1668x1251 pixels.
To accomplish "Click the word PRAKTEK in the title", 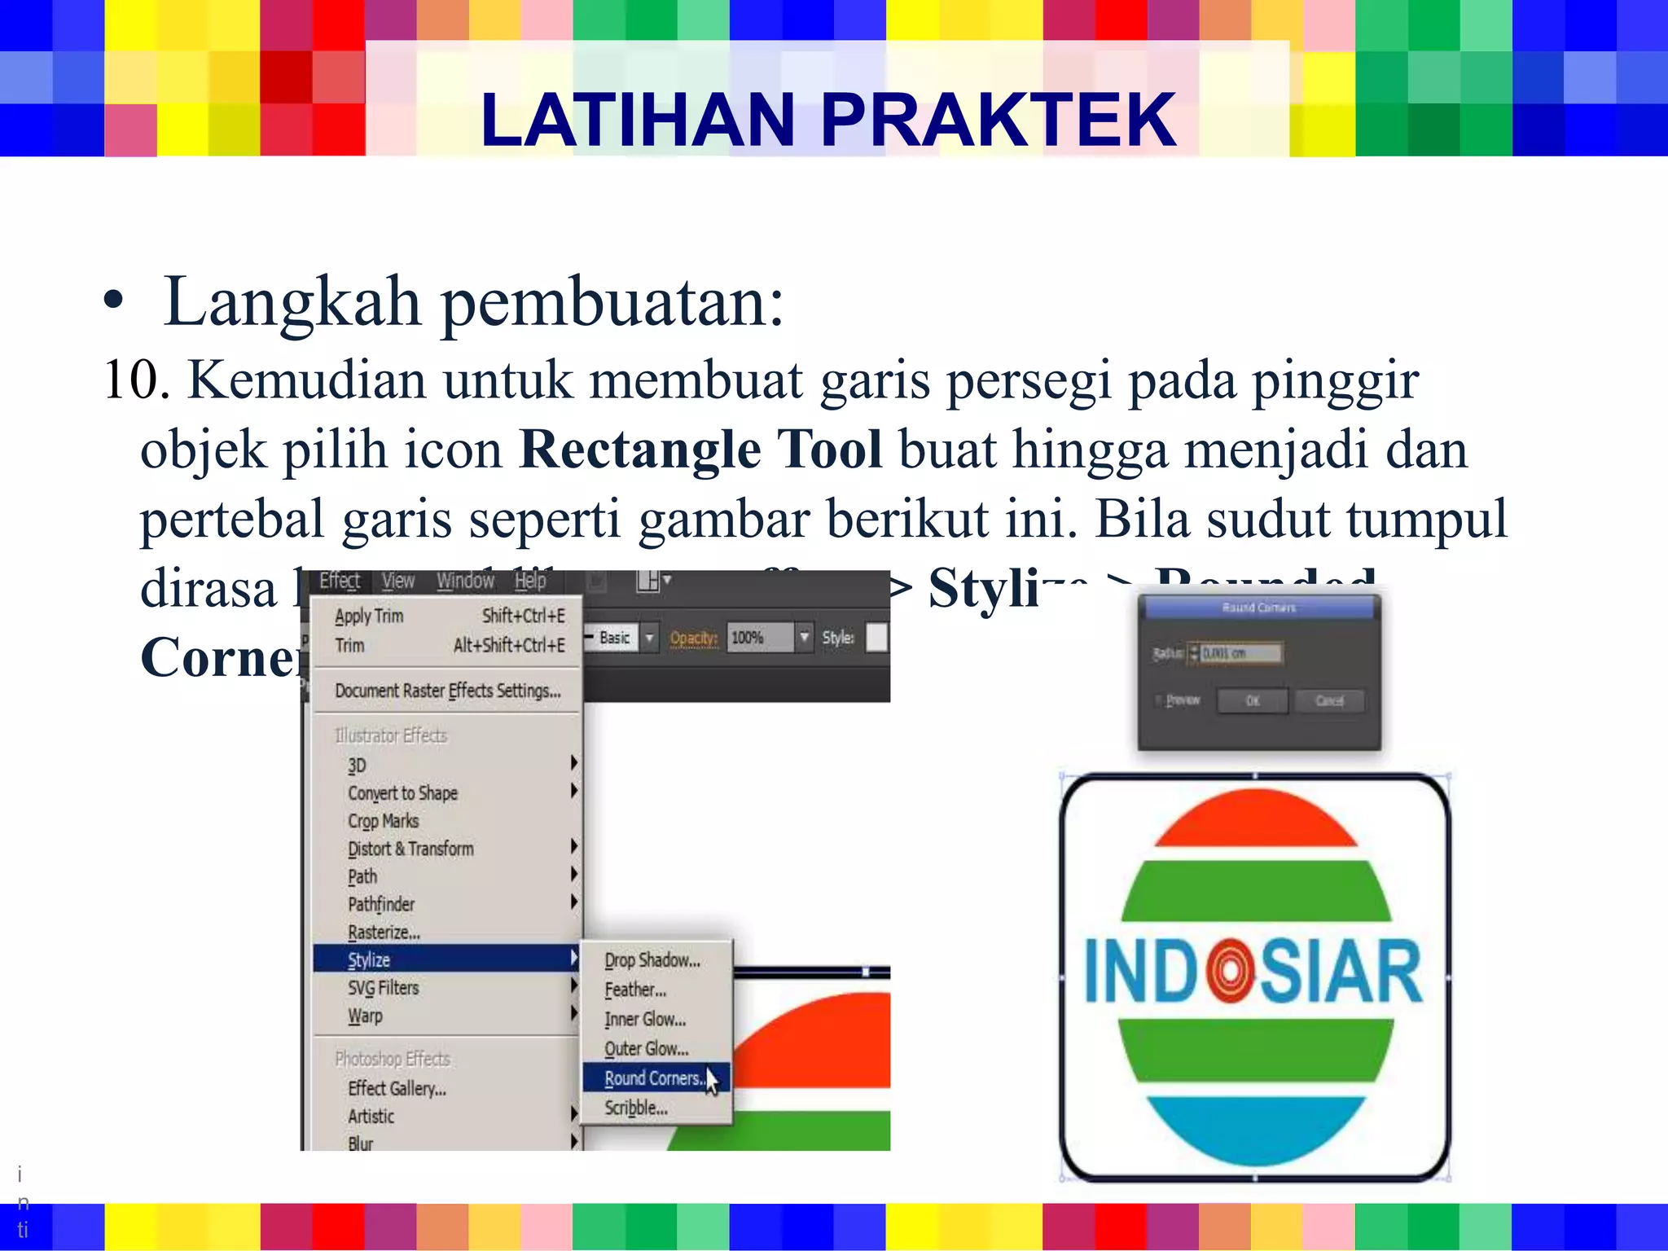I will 998,121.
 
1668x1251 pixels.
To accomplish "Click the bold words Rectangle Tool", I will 700,450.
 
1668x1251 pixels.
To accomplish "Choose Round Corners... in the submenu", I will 654,1078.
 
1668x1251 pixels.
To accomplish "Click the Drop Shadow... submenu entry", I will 652,960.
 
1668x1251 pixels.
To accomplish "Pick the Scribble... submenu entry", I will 636,1108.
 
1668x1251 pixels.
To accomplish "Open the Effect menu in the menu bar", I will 340,581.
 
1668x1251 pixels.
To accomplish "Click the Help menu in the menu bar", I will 530,581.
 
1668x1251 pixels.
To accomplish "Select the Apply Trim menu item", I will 370,616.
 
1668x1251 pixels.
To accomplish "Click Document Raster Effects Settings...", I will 447,691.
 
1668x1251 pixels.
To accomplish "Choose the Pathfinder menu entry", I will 381,904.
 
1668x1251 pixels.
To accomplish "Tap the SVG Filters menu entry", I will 383,988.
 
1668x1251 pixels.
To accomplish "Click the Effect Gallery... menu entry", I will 397,1089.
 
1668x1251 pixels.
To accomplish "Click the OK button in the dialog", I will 1252,700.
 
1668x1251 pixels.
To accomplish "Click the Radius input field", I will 1240,653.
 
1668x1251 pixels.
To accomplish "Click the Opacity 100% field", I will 759,638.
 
